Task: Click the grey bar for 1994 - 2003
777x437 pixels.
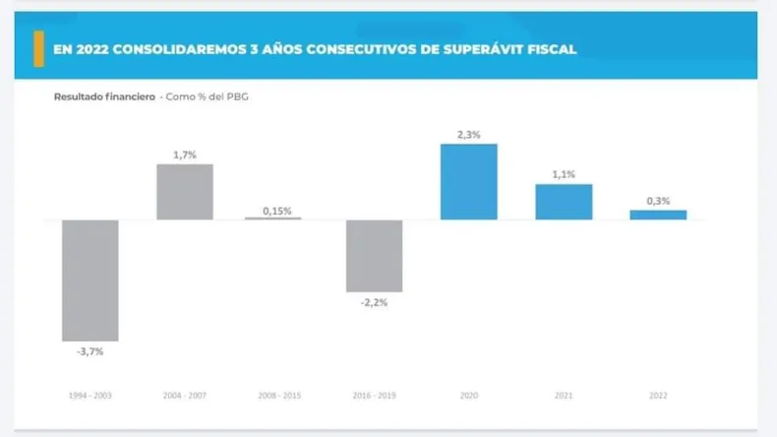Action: [90, 281]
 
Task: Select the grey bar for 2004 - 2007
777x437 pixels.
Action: [185, 192]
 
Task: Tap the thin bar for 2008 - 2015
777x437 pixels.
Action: [273, 218]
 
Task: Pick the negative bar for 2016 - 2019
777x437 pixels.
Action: [374, 256]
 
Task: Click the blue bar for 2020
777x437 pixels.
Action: [468, 182]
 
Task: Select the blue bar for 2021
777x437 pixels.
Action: [564, 202]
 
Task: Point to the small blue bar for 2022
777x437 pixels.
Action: [658, 215]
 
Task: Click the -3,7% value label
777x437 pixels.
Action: [90, 351]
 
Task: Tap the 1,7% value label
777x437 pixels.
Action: [185, 155]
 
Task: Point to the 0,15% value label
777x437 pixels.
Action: [276, 210]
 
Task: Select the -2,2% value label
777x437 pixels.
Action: [374, 302]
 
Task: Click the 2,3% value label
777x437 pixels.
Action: [468, 135]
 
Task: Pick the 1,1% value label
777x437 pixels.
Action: [564, 174]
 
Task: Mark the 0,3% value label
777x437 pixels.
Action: [658, 201]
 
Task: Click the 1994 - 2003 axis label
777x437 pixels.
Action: [90, 396]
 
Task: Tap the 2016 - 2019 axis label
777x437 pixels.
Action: [374, 396]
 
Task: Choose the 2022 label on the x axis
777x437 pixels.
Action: [658, 396]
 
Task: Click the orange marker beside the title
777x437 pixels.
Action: [38, 48]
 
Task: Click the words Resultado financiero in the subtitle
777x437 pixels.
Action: [103, 96]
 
